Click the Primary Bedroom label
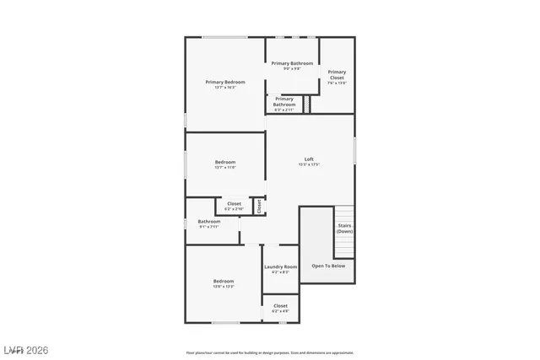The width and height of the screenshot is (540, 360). tap(225, 82)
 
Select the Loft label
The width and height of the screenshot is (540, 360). tap(310, 159)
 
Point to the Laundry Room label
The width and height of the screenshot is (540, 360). tap(281, 266)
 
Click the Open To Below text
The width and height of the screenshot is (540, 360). tap(328, 266)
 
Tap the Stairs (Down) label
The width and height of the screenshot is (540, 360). tap(344, 228)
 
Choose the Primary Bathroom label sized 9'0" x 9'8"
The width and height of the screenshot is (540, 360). tap(292, 63)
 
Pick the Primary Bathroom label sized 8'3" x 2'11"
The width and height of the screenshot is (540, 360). tap(284, 102)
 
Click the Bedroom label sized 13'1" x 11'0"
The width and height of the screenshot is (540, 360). tap(225, 162)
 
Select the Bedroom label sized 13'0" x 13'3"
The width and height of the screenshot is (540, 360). tap(224, 281)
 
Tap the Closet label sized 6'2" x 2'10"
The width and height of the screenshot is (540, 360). tap(234, 203)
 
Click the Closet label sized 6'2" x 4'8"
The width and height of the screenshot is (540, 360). tap(281, 305)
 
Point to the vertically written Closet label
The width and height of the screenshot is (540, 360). tap(259, 205)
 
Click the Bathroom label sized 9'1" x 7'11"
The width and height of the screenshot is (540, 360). tap(209, 222)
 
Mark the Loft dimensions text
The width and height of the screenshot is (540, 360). tap(310, 164)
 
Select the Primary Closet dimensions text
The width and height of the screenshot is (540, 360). tap(337, 83)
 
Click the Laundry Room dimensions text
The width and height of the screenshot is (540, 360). tap(281, 271)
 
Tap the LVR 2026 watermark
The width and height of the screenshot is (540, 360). tap(25, 348)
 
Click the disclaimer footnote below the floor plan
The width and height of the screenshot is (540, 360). tap(270, 352)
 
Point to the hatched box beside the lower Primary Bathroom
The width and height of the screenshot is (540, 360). tap(307, 104)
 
